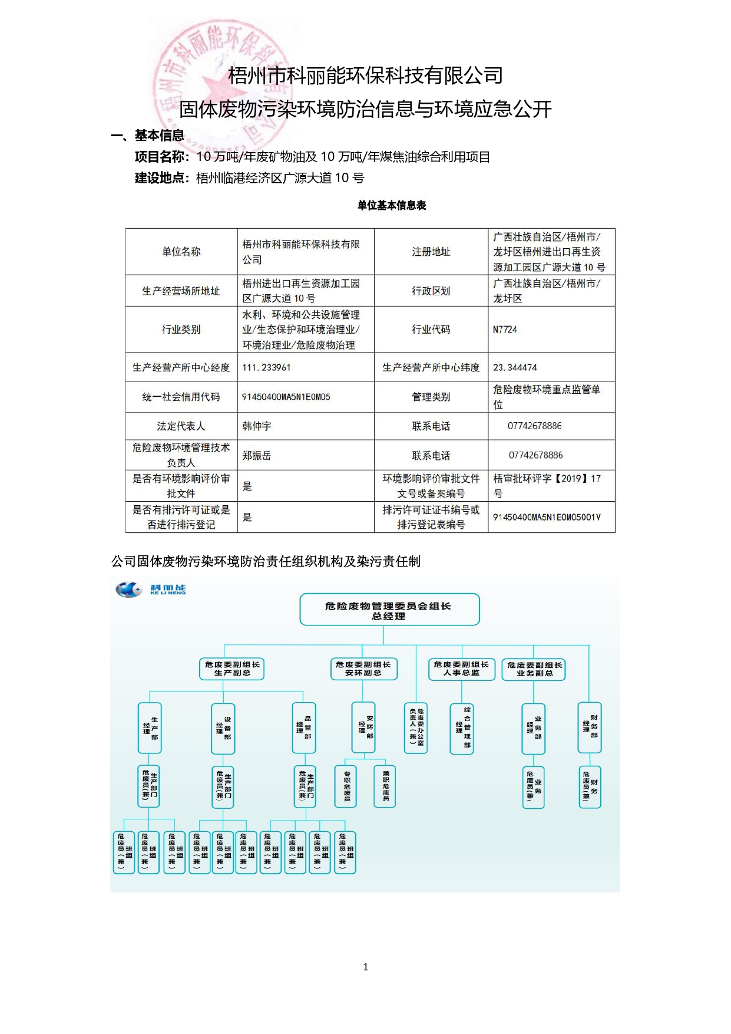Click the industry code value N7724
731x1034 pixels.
(505, 330)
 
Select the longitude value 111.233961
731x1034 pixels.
(266, 367)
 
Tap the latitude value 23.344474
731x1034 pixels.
(515, 367)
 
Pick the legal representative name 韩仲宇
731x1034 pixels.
(257, 426)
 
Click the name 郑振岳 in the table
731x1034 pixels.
(257, 455)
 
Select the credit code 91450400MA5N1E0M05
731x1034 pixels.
(286, 397)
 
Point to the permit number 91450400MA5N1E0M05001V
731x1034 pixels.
(547, 517)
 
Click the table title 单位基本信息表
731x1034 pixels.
(392, 205)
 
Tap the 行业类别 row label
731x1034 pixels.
(181, 330)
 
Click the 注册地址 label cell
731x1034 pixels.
(431, 252)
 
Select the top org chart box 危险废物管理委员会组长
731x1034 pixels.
(389, 610)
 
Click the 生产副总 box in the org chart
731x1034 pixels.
(232, 669)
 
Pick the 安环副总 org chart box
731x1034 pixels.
(363, 669)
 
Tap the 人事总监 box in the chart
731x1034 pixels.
(461, 669)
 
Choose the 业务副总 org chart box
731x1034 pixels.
(534, 669)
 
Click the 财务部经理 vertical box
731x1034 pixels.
(590, 727)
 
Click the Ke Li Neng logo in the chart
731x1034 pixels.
(151, 589)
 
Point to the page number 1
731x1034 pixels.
(366, 967)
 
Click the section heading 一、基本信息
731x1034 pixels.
(148, 136)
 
